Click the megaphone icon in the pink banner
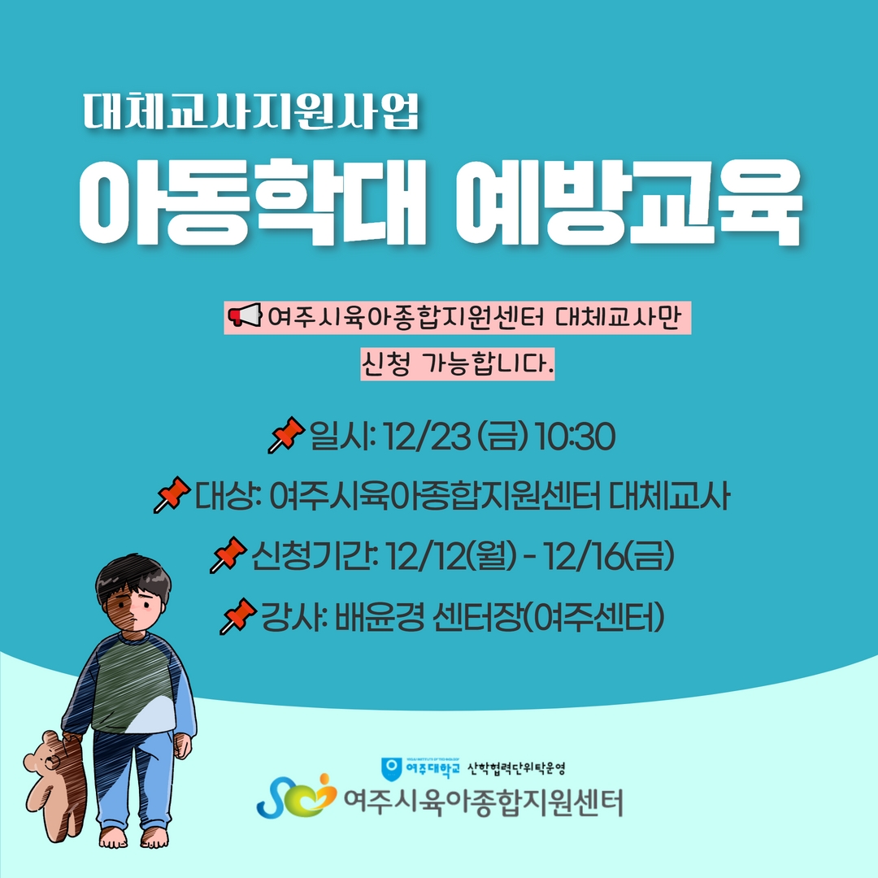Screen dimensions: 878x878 (x=245, y=315)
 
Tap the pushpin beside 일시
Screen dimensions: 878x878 (x=285, y=434)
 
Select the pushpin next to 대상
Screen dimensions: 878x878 (x=172, y=494)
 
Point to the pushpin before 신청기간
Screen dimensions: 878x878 (x=228, y=555)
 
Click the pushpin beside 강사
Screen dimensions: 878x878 (x=238, y=616)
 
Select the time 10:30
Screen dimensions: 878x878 (x=575, y=437)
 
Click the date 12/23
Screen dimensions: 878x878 (x=427, y=437)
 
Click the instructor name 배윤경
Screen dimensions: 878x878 (x=379, y=617)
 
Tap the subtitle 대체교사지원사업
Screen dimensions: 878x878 (x=251, y=111)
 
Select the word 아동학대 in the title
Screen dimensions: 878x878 (x=252, y=202)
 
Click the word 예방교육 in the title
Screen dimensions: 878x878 (x=628, y=202)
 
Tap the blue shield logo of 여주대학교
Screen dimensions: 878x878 (x=392, y=769)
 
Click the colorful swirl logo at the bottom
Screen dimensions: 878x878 (x=296, y=796)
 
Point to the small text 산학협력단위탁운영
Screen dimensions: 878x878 (x=516, y=769)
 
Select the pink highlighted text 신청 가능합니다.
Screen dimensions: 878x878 (x=458, y=364)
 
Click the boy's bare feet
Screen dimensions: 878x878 (x=134, y=837)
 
